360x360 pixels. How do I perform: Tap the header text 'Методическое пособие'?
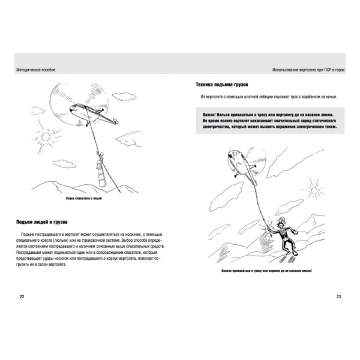tap(37, 70)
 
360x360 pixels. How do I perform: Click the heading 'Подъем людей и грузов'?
tap(44, 222)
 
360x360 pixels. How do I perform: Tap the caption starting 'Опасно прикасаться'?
tap(269, 271)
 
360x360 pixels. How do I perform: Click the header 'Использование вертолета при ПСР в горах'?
tap(306, 70)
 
